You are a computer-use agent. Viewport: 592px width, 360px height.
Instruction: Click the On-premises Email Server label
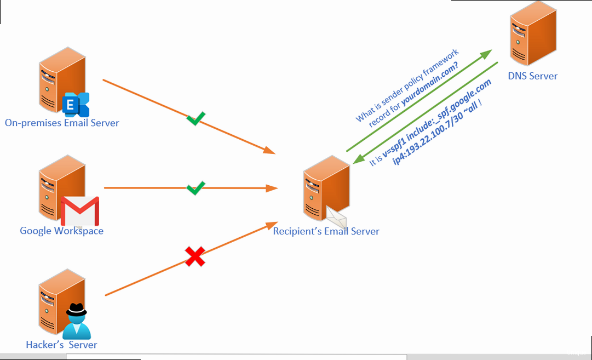tap(62, 123)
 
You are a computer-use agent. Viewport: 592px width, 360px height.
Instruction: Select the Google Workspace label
tap(61, 231)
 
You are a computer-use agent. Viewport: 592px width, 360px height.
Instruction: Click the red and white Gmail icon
tap(80, 211)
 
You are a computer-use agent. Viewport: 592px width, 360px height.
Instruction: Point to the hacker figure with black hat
tap(76, 321)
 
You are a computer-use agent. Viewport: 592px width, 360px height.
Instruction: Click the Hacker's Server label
tap(61, 345)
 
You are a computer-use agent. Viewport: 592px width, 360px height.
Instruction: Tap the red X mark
tap(195, 256)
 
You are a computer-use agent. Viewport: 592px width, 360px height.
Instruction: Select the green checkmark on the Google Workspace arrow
tap(196, 188)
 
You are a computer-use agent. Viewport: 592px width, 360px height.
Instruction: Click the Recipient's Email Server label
tap(326, 231)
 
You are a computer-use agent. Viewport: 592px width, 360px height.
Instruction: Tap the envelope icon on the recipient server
tap(336, 218)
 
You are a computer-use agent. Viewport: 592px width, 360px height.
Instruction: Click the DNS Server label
tap(533, 76)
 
